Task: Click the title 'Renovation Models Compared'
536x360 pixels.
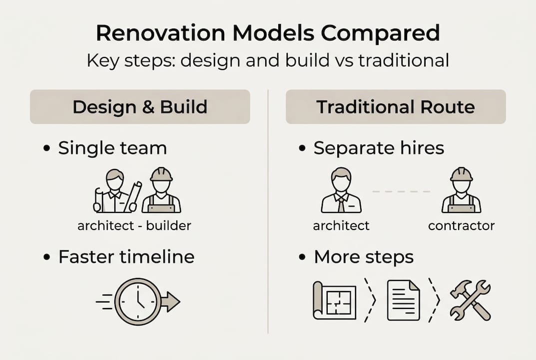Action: [x=268, y=33]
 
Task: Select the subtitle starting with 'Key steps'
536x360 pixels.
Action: [x=268, y=60]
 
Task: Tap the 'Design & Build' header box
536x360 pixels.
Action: [x=140, y=107]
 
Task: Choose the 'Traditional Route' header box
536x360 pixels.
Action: [x=396, y=107]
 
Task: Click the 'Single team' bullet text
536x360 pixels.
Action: [x=112, y=148]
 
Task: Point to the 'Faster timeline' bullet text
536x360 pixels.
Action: [x=126, y=256]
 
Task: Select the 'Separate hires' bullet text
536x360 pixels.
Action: [x=379, y=148]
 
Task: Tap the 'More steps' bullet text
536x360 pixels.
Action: [x=364, y=256]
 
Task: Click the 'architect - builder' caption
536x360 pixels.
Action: [x=134, y=225]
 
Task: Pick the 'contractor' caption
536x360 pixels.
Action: [x=461, y=225]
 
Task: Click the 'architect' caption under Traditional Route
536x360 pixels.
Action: [x=341, y=225]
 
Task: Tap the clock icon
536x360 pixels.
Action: [x=138, y=301]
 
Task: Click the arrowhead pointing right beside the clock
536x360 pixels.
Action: [x=171, y=302]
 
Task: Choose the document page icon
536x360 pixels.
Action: [x=403, y=300]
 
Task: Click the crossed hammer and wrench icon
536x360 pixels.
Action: [x=470, y=300]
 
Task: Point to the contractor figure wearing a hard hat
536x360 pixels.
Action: [x=461, y=191]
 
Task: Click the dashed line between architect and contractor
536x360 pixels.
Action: [x=402, y=191]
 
